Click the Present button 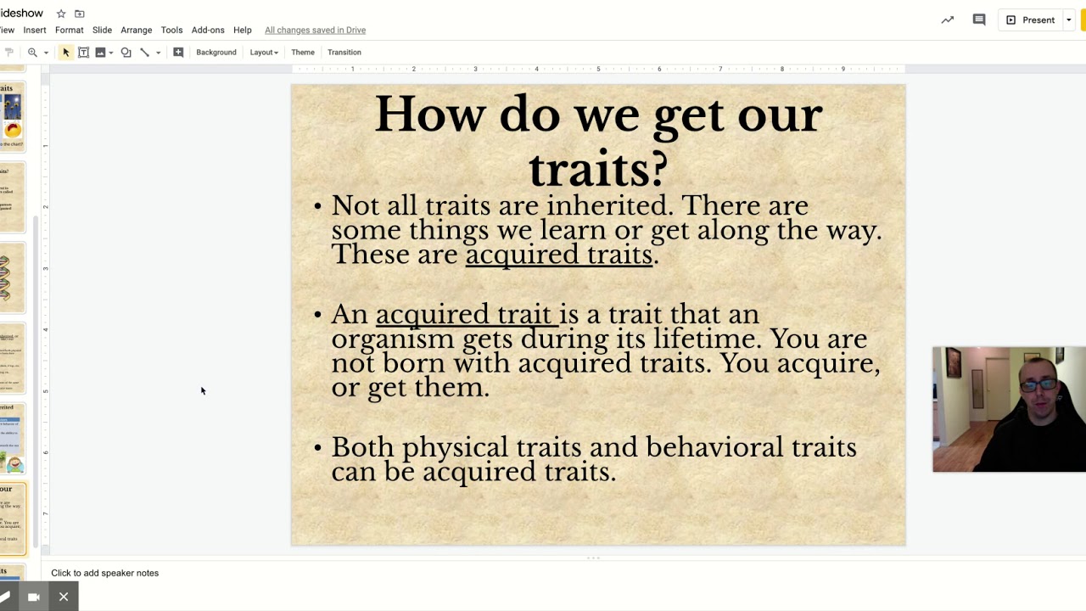[x=1030, y=20]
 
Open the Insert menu [x=35, y=30]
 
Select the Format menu [x=70, y=30]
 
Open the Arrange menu [x=136, y=30]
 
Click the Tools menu [x=171, y=30]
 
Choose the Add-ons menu [x=208, y=30]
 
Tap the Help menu [x=242, y=30]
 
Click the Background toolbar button [x=216, y=53]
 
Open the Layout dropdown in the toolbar [x=264, y=53]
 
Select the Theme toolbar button [x=303, y=53]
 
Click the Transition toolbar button [x=344, y=53]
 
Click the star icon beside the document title [x=61, y=14]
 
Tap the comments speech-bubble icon [x=979, y=20]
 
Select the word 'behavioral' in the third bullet [x=714, y=447]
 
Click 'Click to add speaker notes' [x=105, y=573]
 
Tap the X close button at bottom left [x=64, y=597]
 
